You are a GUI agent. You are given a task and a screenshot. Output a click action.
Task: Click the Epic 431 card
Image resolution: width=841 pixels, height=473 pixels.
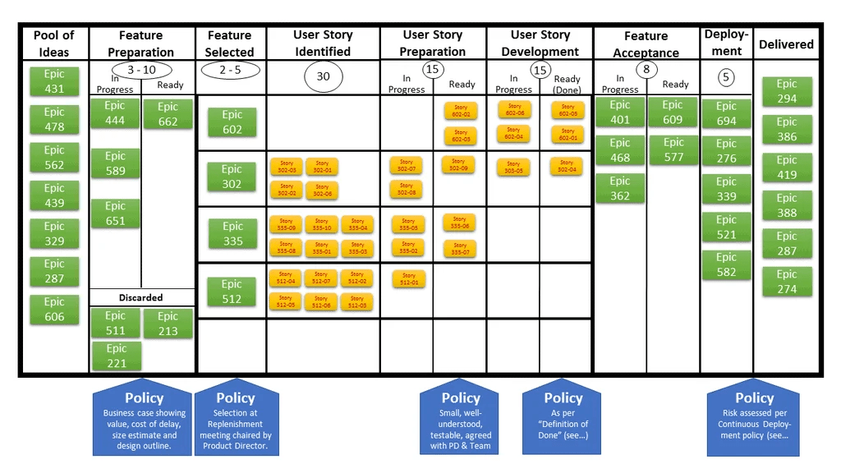click(x=54, y=81)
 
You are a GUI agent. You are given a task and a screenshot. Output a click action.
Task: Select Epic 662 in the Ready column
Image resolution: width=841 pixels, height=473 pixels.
click(x=168, y=114)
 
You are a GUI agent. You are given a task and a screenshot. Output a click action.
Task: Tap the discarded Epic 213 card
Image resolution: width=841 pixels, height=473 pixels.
click(x=168, y=324)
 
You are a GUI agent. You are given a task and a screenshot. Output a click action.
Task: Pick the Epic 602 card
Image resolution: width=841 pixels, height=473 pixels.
click(x=232, y=122)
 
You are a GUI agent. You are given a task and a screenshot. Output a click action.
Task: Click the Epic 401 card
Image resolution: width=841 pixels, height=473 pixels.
click(x=620, y=113)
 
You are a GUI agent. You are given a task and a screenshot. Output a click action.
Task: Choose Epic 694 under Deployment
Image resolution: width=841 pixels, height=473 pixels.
click(x=726, y=113)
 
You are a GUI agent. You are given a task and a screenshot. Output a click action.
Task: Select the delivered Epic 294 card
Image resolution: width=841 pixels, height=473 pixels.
click(x=787, y=91)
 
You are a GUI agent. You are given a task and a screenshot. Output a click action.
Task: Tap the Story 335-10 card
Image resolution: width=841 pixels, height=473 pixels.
click(x=321, y=224)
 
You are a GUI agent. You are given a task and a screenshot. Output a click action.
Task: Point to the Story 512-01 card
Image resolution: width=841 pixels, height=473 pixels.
click(x=408, y=279)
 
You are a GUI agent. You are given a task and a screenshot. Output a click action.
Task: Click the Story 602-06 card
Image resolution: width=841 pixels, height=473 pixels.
click(x=514, y=109)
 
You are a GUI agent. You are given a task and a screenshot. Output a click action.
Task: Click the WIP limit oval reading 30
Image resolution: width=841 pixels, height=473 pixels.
click(x=323, y=76)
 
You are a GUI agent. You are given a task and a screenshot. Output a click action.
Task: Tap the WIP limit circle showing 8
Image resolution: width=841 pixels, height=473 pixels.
click(x=646, y=70)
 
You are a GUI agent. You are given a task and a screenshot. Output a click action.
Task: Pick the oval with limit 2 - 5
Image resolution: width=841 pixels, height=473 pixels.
click(x=230, y=70)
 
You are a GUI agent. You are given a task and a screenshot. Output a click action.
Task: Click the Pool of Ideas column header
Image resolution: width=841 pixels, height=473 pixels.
click(x=54, y=44)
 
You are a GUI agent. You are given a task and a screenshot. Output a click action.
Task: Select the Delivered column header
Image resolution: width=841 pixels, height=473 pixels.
click(x=786, y=44)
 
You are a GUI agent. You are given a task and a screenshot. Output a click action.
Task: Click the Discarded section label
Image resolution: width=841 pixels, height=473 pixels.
click(x=141, y=297)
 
